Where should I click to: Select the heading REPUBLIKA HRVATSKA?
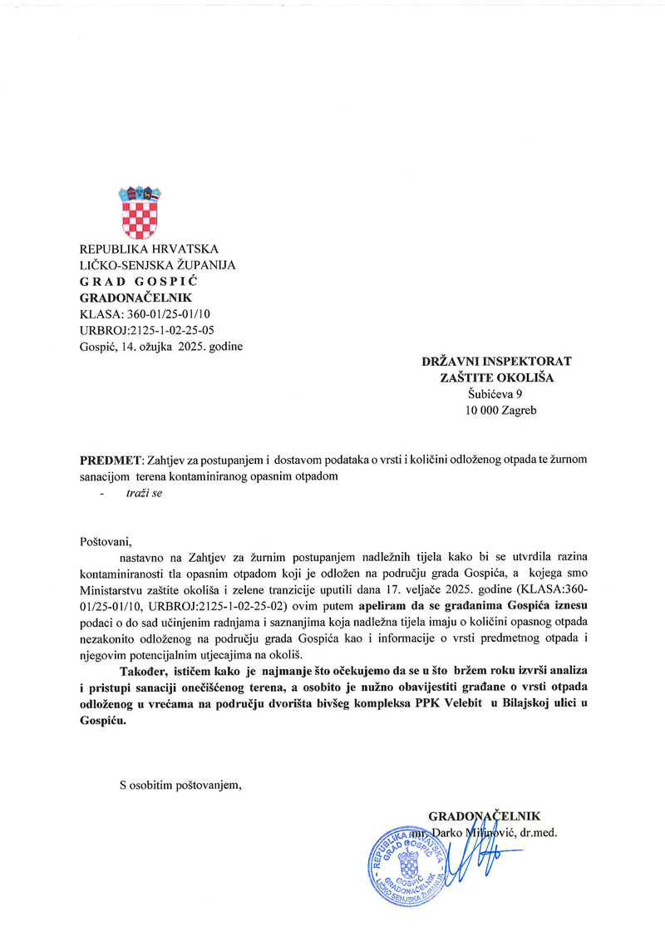[148, 249]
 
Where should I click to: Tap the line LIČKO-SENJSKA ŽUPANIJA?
[157, 265]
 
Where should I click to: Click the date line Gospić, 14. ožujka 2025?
[160, 346]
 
